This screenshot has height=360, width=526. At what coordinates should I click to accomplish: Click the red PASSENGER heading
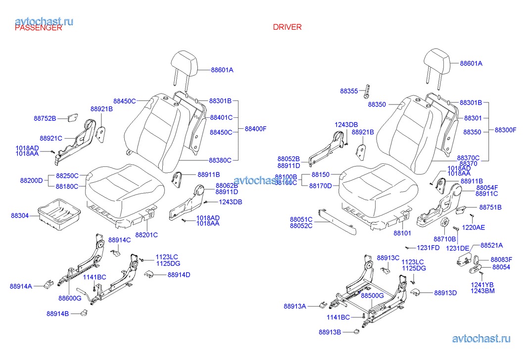coord(39,28)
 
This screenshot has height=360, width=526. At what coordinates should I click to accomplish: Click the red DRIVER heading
coord(287,27)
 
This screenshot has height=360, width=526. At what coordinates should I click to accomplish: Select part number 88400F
coord(256,129)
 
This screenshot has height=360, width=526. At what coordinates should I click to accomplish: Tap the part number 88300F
coord(506,130)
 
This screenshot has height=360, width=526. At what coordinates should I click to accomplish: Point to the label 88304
coord(20,216)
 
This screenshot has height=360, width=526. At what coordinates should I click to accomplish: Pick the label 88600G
coord(70,298)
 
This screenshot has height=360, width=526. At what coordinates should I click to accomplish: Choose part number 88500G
coord(372,296)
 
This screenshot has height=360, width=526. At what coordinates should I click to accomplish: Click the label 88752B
coord(45,118)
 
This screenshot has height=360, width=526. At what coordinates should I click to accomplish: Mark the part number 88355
coord(349,91)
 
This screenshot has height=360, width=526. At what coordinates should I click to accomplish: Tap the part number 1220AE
coord(473,228)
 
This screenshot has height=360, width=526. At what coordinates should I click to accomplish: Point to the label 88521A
coord(492,245)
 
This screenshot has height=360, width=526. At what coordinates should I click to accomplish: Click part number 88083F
coord(501,259)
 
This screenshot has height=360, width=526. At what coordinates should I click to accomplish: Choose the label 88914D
coord(179,275)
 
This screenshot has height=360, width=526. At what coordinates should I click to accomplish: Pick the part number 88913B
coord(330,332)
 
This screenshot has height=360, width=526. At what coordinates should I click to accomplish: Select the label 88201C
coord(147,235)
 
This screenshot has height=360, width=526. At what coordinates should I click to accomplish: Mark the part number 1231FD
coord(428,248)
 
